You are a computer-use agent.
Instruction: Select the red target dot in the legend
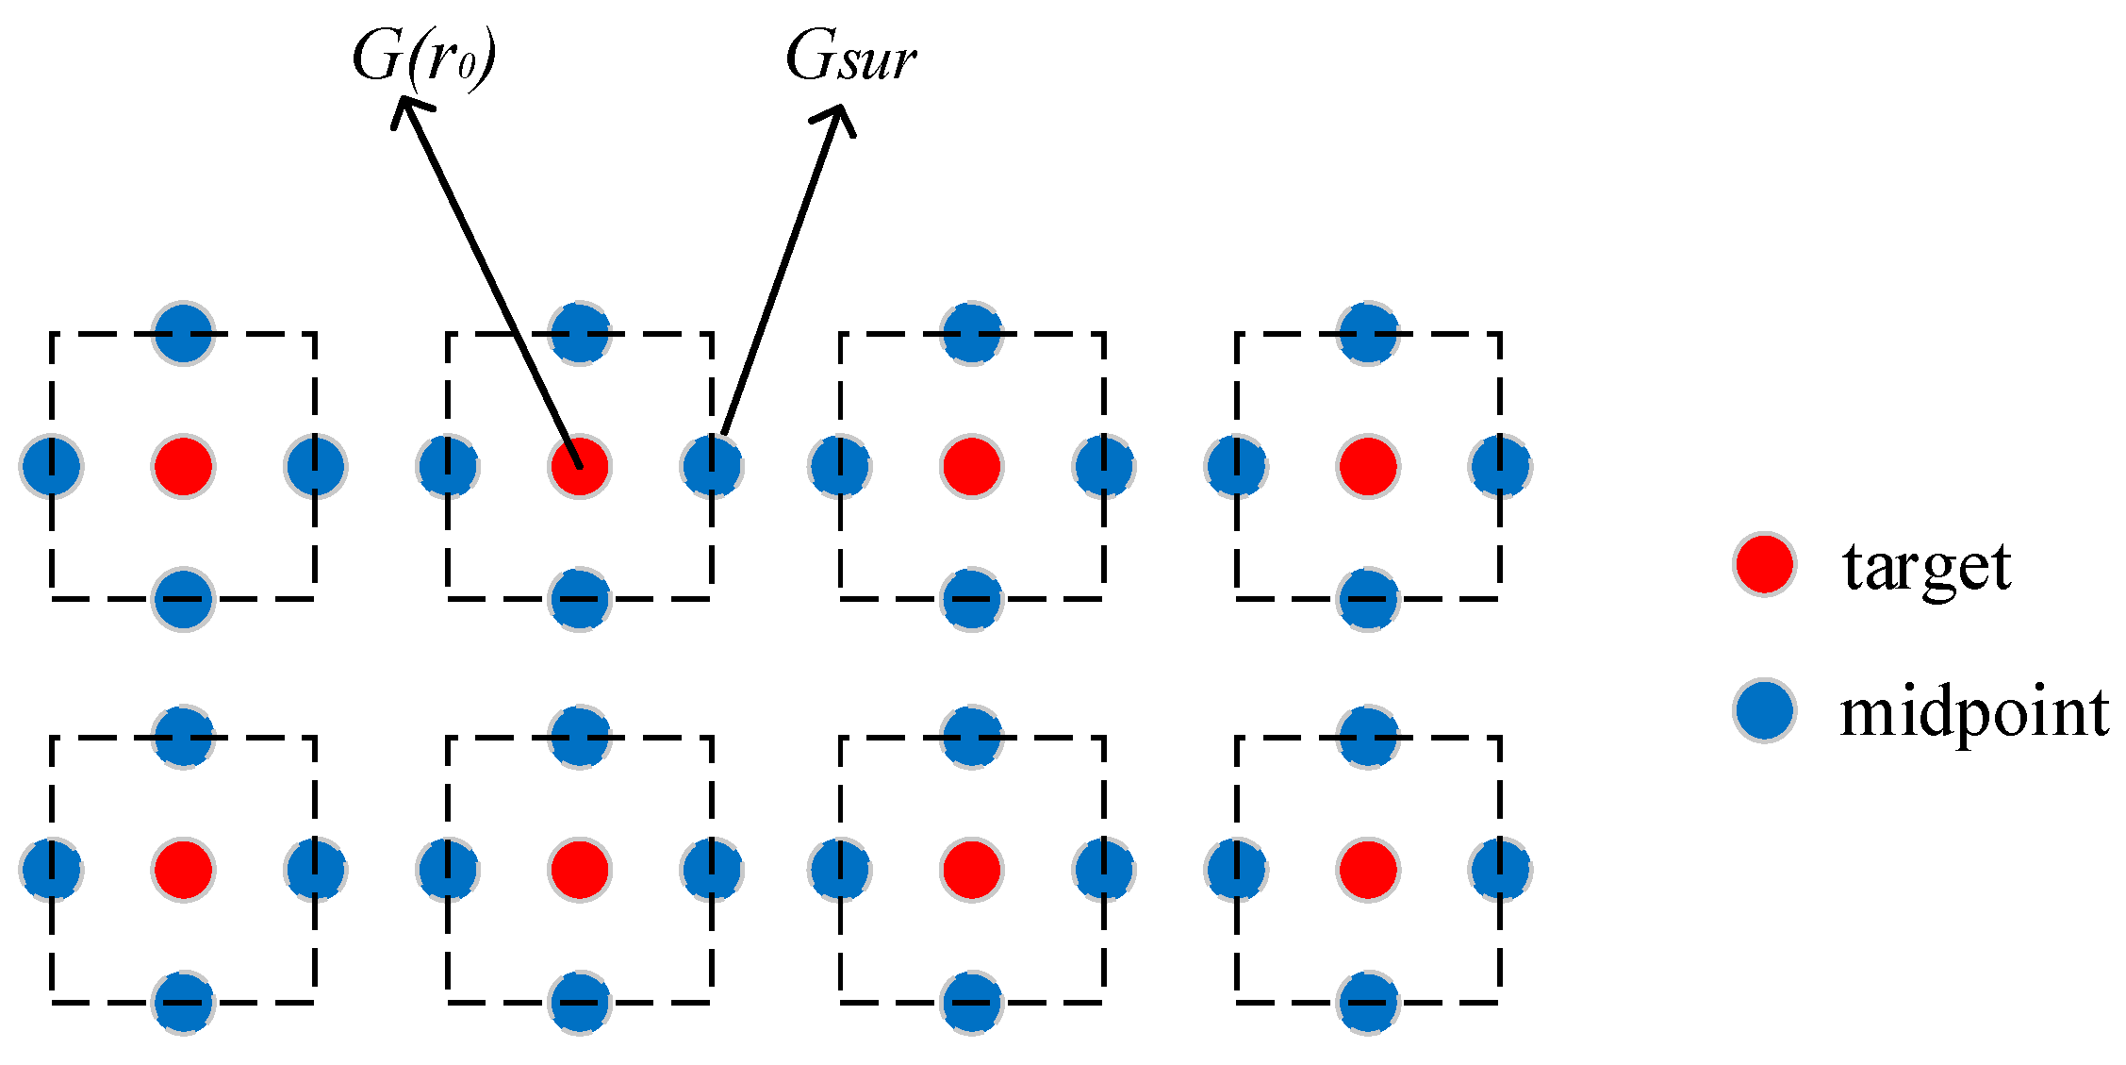click(x=1763, y=564)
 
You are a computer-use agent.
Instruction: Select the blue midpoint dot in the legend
click(x=1763, y=710)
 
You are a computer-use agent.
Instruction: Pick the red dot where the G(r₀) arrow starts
click(x=579, y=466)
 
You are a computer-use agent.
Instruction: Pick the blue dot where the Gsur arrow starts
click(x=712, y=466)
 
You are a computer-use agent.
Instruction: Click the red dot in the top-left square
click(x=183, y=466)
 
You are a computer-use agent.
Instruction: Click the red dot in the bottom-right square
click(x=1367, y=870)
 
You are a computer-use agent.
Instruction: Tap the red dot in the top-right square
click(x=1367, y=466)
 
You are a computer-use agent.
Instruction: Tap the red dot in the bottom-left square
click(x=183, y=870)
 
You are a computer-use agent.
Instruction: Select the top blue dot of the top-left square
click(x=183, y=333)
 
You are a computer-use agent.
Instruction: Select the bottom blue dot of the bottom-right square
click(x=1367, y=1003)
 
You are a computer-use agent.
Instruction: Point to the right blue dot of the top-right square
click(x=1500, y=466)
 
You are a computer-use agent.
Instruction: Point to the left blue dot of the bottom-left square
click(x=51, y=870)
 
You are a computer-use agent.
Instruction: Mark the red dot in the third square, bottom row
click(x=971, y=870)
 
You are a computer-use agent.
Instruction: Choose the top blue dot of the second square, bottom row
click(x=579, y=737)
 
